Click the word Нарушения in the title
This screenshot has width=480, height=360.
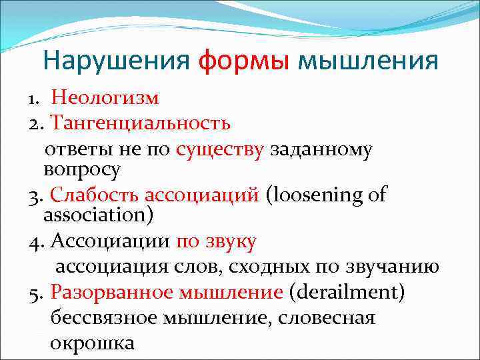point(117,61)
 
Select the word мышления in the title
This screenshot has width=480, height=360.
point(368,61)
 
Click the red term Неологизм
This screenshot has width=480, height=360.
point(105,99)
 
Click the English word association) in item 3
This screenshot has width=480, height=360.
point(98,216)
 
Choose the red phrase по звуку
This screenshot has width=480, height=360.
point(216,241)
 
